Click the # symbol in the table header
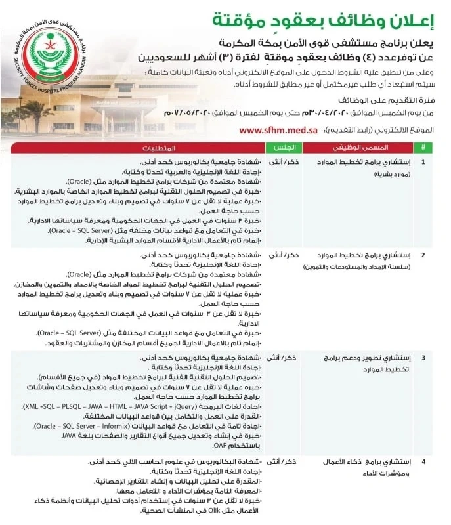(423, 148)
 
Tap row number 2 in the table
(423, 254)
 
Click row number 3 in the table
(423, 358)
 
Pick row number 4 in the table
(423, 463)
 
